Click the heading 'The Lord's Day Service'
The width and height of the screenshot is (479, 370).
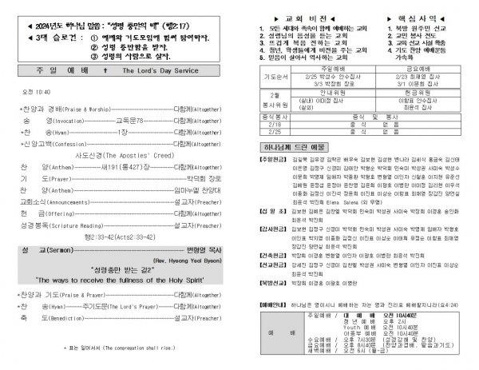(x=160, y=70)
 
